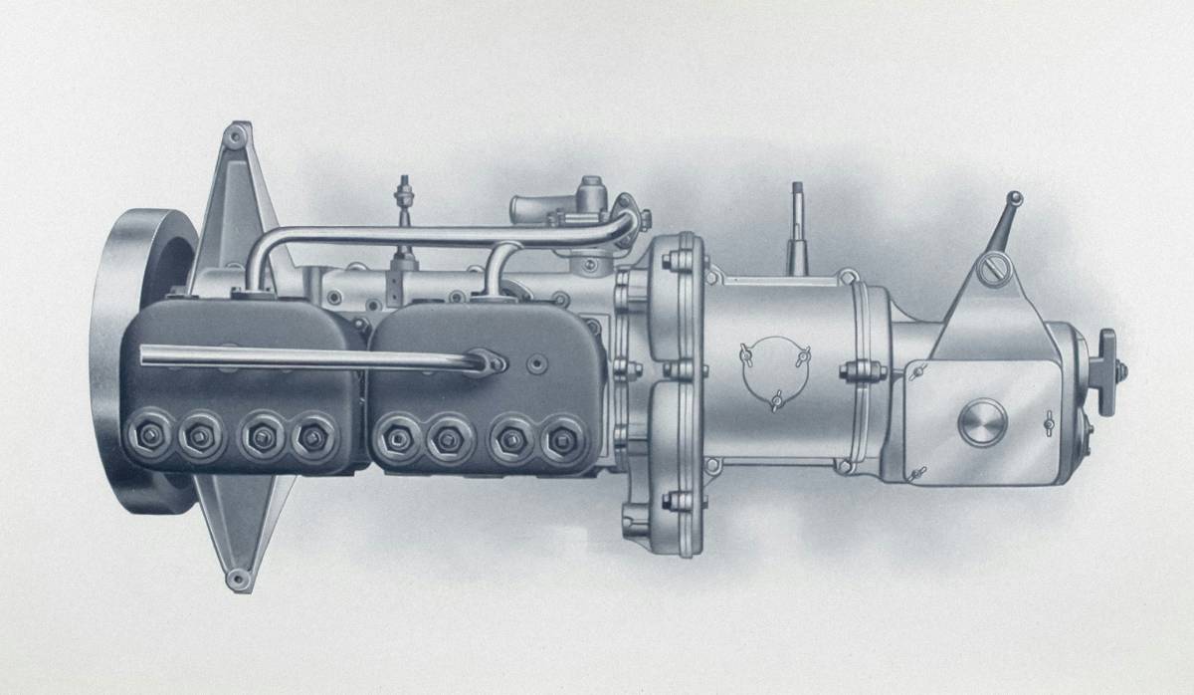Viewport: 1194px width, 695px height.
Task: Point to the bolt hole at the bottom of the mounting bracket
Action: pos(236,578)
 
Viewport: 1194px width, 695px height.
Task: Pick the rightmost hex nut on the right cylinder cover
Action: pos(563,435)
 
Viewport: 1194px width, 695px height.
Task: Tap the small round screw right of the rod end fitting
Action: pos(538,361)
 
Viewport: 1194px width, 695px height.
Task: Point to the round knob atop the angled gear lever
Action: pos(1014,198)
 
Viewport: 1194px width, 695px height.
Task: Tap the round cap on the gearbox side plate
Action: pos(982,423)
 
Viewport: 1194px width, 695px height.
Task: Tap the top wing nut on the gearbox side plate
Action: pos(918,371)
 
